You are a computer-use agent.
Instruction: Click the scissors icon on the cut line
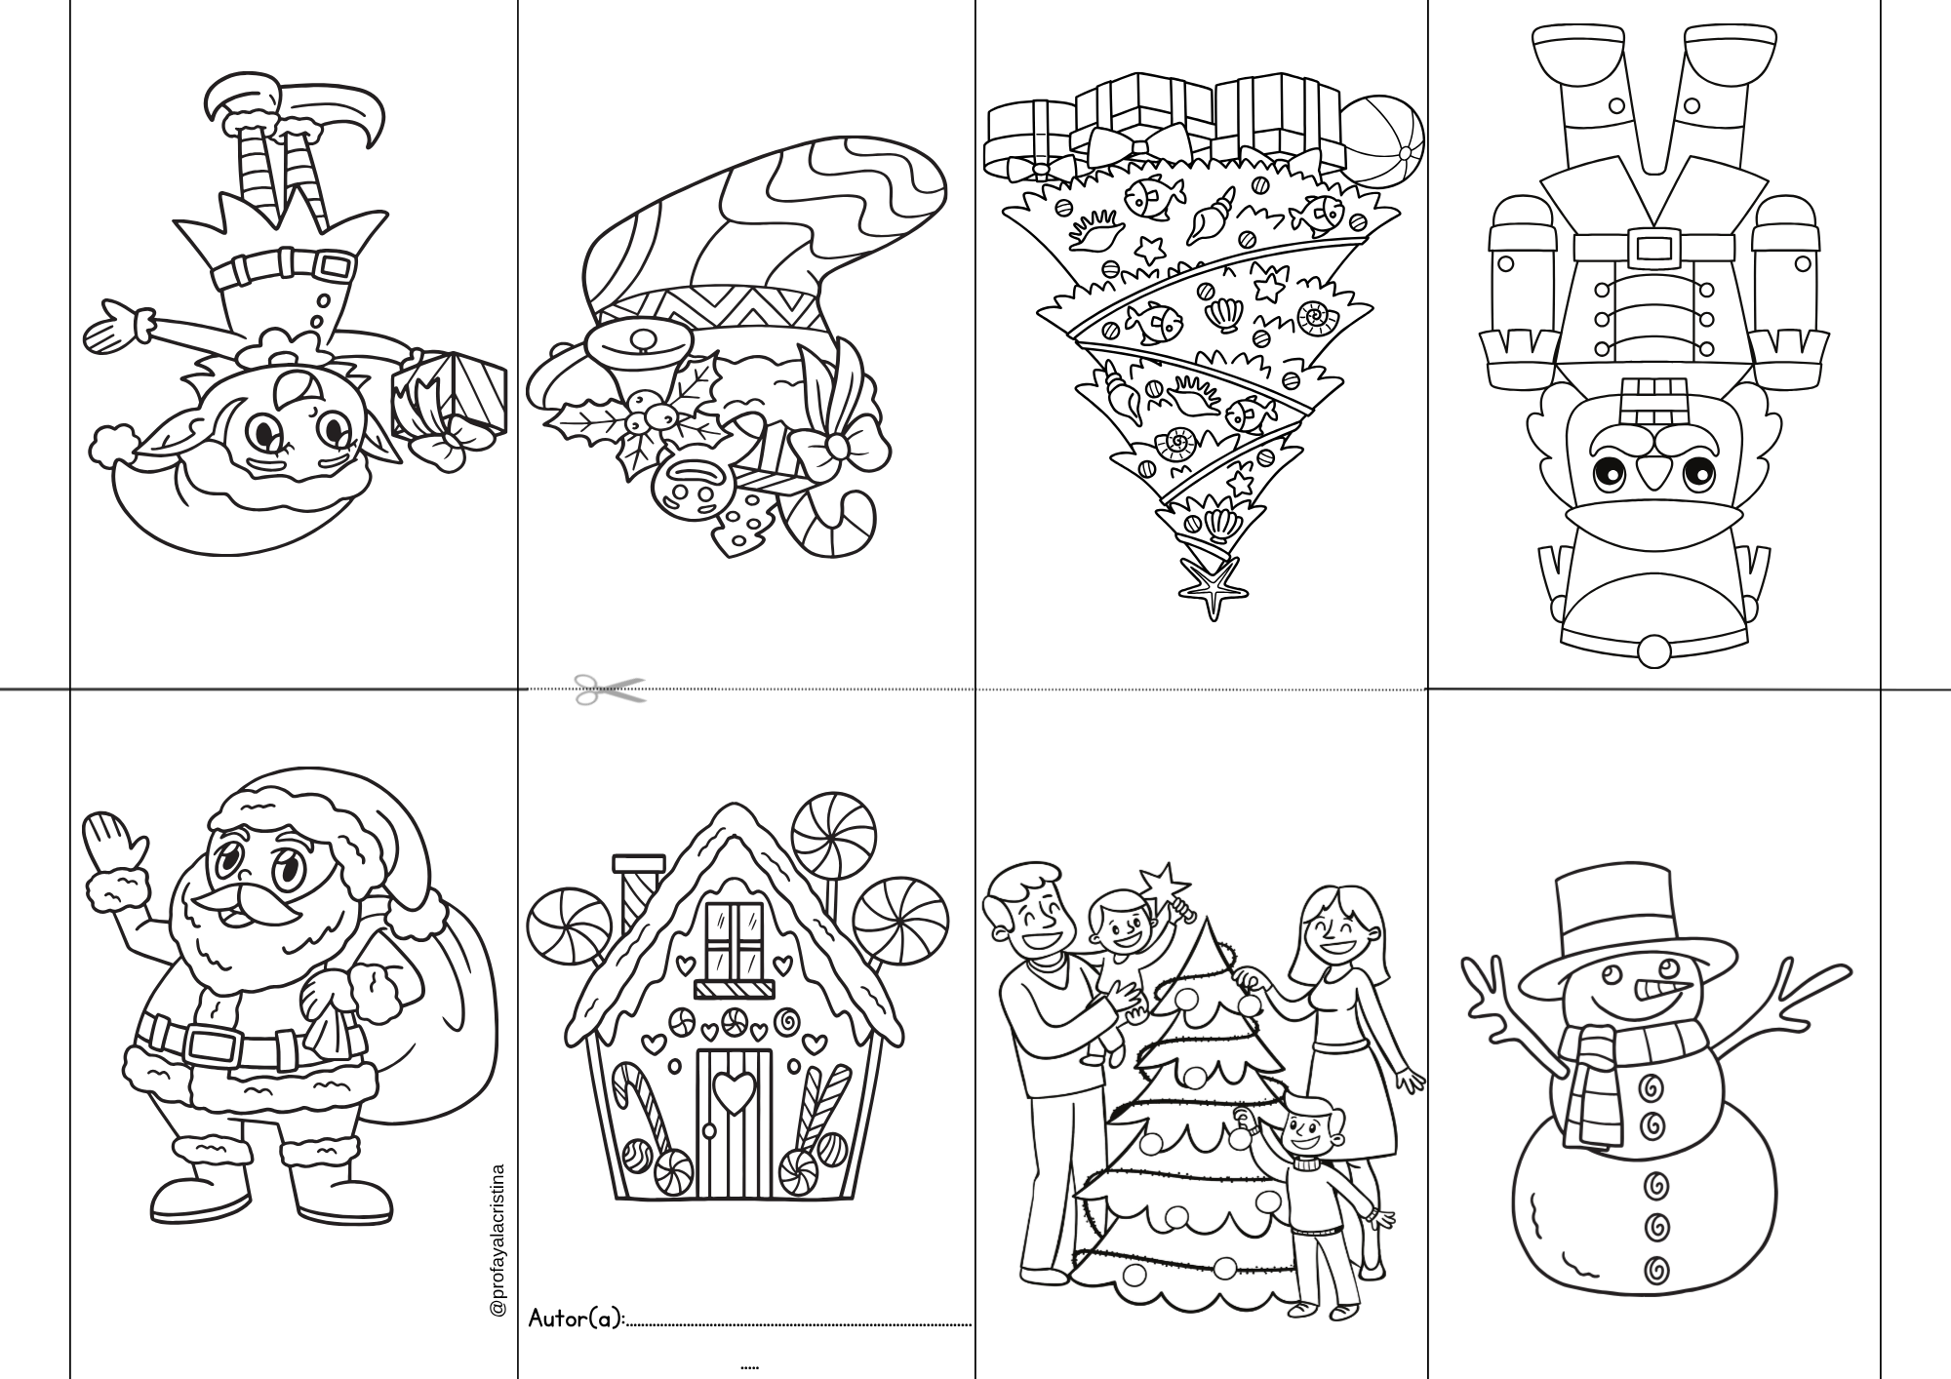610,689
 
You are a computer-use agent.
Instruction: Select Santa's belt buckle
214,1045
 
